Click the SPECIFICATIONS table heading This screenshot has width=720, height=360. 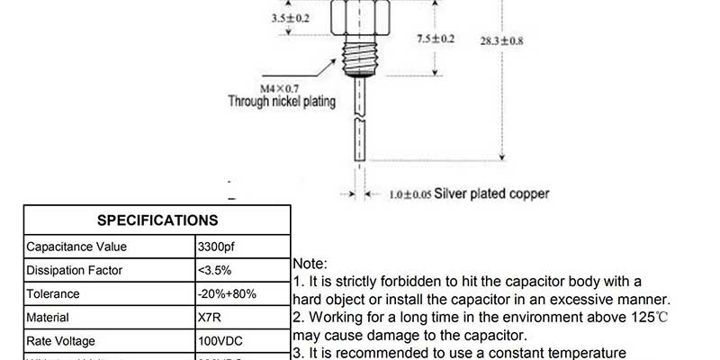pyautogui.click(x=157, y=220)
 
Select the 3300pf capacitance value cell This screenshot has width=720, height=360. pyautogui.click(x=216, y=247)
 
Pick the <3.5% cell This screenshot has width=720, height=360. pyautogui.click(x=214, y=270)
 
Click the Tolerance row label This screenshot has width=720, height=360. pyautogui.click(x=53, y=293)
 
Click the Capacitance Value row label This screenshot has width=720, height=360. pyautogui.click(x=76, y=247)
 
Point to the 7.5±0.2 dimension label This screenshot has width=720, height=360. pyautogui.click(x=436, y=39)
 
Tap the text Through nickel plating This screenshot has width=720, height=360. pyautogui.click(x=282, y=102)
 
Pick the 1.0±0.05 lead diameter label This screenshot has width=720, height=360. pyautogui.click(x=410, y=193)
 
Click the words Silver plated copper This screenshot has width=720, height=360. pyautogui.click(x=491, y=193)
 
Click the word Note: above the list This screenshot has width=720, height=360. pyautogui.click(x=311, y=264)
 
